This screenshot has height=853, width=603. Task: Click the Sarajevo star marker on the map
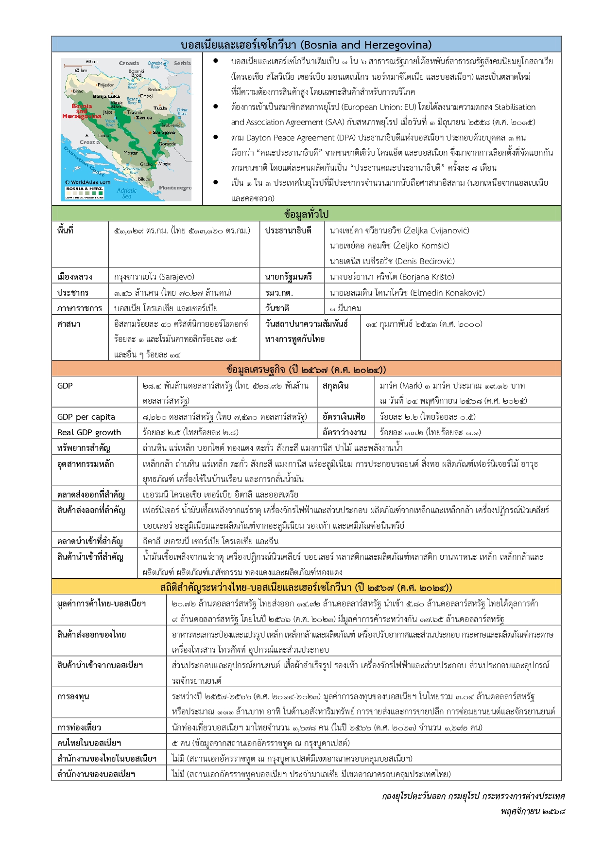click(x=150, y=133)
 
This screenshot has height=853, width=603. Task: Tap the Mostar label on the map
click(x=130, y=153)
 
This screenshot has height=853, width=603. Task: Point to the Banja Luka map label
click(x=106, y=96)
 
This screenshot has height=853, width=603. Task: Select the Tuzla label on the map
click(x=160, y=108)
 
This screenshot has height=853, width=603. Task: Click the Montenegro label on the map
click(x=175, y=188)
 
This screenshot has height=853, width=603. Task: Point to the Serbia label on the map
click(x=182, y=63)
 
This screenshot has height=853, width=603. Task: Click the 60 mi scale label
click(x=91, y=62)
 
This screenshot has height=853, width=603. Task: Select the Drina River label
click(x=182, y=111)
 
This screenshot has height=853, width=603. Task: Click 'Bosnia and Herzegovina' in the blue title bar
click(x=366, y=45)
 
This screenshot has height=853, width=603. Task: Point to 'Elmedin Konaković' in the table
click(x=447, y=293)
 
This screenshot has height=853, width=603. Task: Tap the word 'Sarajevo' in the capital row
click(x=176, y=277)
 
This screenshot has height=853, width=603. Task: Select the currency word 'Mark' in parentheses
click(x=411, y=386)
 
